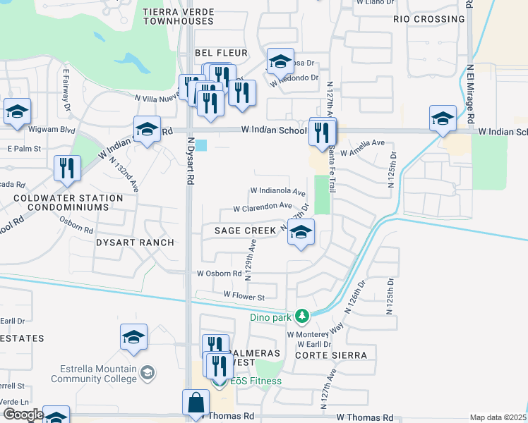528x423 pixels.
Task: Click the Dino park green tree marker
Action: [302, 315]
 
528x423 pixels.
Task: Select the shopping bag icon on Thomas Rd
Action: [196, 403]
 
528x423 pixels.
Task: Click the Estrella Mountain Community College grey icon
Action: [148, 372]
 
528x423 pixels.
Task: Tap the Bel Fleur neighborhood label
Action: [222, 53]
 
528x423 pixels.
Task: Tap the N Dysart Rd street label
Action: [189, 160]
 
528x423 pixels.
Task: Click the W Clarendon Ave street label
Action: [263, 207]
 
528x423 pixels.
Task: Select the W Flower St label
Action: [244, 295]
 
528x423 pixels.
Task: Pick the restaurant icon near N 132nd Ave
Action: [68, 167]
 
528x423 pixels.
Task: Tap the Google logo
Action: [23, 415]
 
